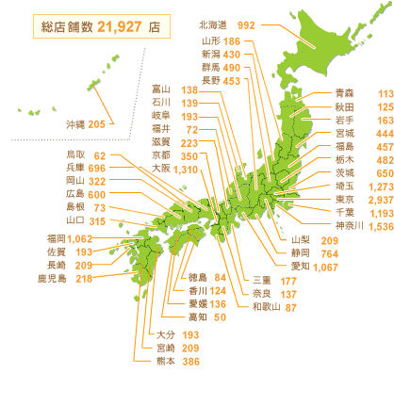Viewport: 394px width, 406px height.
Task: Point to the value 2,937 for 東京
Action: (376, 201)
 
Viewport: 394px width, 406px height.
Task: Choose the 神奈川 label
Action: (344, 227)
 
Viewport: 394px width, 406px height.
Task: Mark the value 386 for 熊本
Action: (191, 362)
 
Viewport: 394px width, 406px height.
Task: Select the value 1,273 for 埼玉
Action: (375, 187)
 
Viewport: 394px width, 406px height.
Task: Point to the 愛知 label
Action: (303, 268)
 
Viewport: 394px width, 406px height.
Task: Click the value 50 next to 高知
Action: (220, 317)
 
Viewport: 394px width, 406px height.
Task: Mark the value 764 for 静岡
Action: (331, 254)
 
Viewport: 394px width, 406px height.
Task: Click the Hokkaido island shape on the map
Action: (302, 42)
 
